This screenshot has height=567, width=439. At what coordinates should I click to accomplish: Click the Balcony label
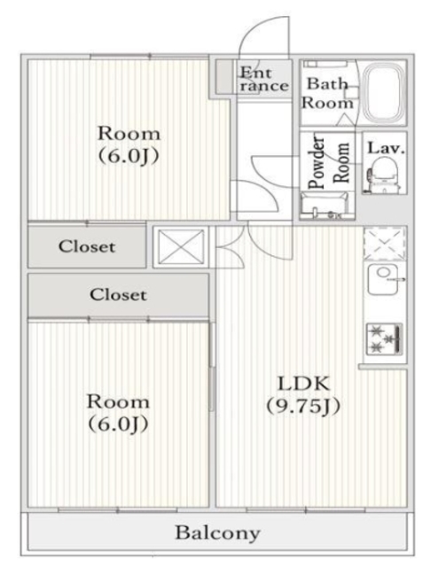tap(217, 533)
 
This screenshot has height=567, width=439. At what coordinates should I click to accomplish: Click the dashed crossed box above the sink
tap(384, 243)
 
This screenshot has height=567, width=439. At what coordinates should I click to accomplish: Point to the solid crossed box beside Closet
tap(180, 246)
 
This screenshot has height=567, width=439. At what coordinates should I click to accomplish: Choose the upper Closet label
tap(87, 247)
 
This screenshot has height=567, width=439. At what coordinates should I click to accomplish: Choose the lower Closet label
tap(118, 295)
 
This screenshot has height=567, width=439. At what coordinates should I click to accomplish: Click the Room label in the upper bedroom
tap(129, 134)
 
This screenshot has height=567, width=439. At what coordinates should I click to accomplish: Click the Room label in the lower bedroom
tap(117, 400)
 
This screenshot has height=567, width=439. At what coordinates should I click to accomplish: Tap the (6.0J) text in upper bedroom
tap(129, 157)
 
